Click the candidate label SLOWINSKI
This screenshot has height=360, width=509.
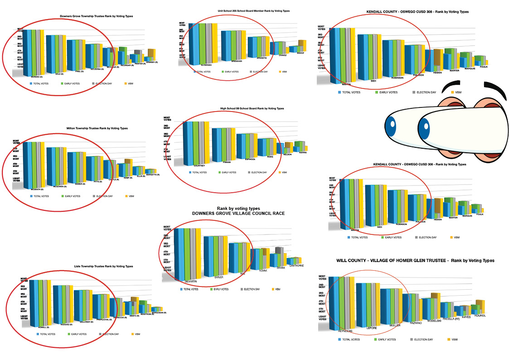pyautogui.click(x=207, y=65)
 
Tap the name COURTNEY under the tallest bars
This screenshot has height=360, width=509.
pyautogui.click(x=199, y=166)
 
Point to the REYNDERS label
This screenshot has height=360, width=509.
pyautogui.click(x=345, y=331)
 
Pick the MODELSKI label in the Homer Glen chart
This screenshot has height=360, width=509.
pyautogui.click(x=434, y=320)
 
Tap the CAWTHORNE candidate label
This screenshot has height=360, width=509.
pyautogui.click(x=296, y=266)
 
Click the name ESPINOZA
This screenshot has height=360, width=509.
pyautogui.click(x=249, y=159)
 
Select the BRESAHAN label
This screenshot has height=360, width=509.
pyautogui.click(x=237, y=61)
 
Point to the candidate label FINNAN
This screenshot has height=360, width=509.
pyautogui.click(x=227, y=161)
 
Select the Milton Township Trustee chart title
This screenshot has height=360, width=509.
pyautogui.click(x=97, y=128)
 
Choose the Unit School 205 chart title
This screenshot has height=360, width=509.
pyautogui.click(x=253, y=10)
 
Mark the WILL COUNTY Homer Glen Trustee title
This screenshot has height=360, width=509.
pyautogui.click(x=415, y=261)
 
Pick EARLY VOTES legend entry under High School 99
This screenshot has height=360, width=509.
pyautogui.click(x=228, y=172)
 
